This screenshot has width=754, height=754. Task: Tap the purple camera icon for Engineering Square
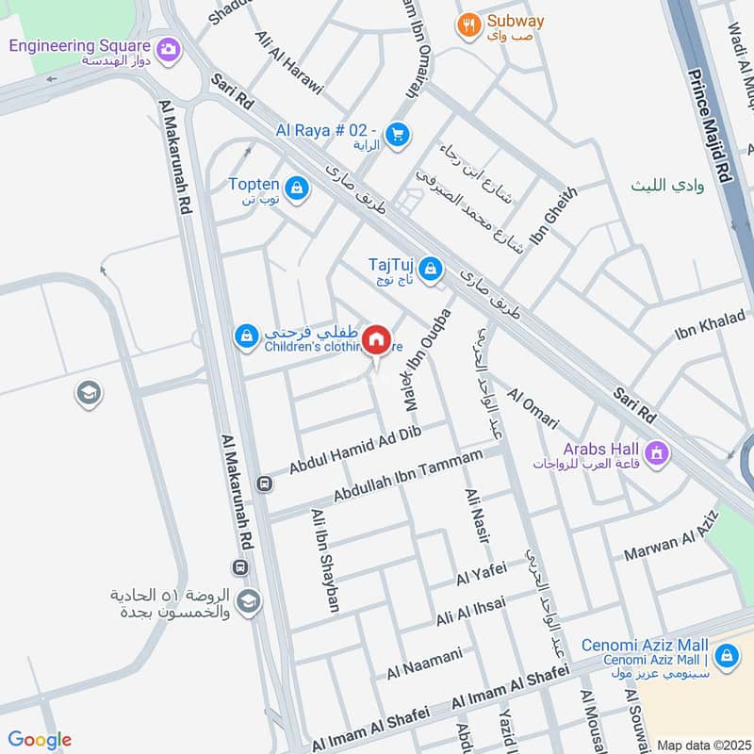tap(169, 47)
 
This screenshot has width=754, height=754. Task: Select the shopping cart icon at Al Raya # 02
tap(397, 136)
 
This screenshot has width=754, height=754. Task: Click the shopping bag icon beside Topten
tap(297, 189)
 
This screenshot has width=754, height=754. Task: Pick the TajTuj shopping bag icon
tap(430, 270)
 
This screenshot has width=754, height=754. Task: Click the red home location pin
tap(377, 338)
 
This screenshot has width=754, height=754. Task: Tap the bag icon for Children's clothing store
tap(247, 336)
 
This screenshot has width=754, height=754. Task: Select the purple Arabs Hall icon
tap(657, 454)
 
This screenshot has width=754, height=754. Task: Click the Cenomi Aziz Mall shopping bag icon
tap(726, 653)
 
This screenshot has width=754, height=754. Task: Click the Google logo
tap(40, 740)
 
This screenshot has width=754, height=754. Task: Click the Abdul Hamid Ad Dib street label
tap(354, 450)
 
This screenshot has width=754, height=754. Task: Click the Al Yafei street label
tap(481, 571)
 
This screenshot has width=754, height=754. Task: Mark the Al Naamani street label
tap(424, 663)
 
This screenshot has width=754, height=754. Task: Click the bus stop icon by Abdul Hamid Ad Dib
tap(266, 484)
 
